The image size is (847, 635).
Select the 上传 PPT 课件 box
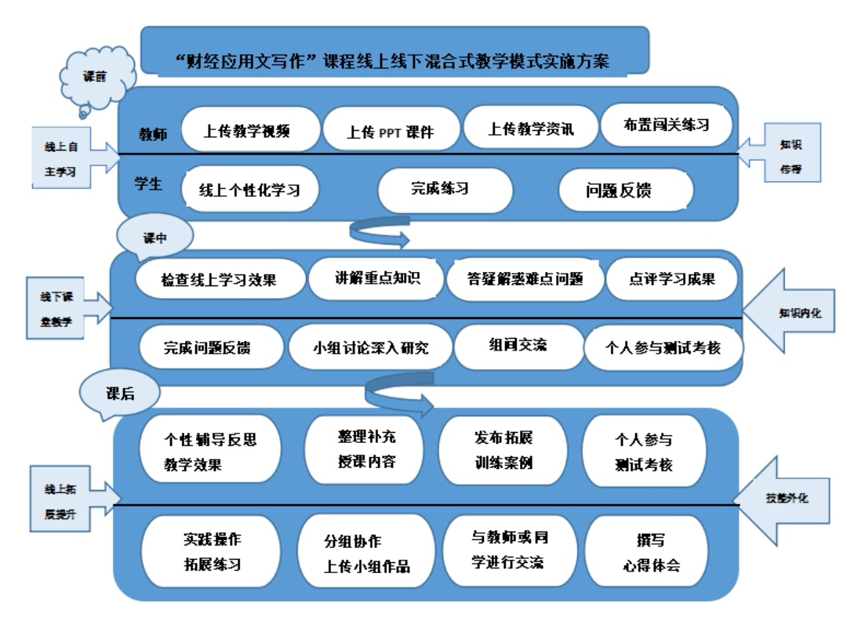pos(390,131)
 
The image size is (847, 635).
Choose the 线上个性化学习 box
pos(249,189)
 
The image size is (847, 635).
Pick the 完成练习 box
pos(445,188)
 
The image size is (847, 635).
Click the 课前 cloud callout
pos(97,78)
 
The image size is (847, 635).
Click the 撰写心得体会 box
pos(646,552)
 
